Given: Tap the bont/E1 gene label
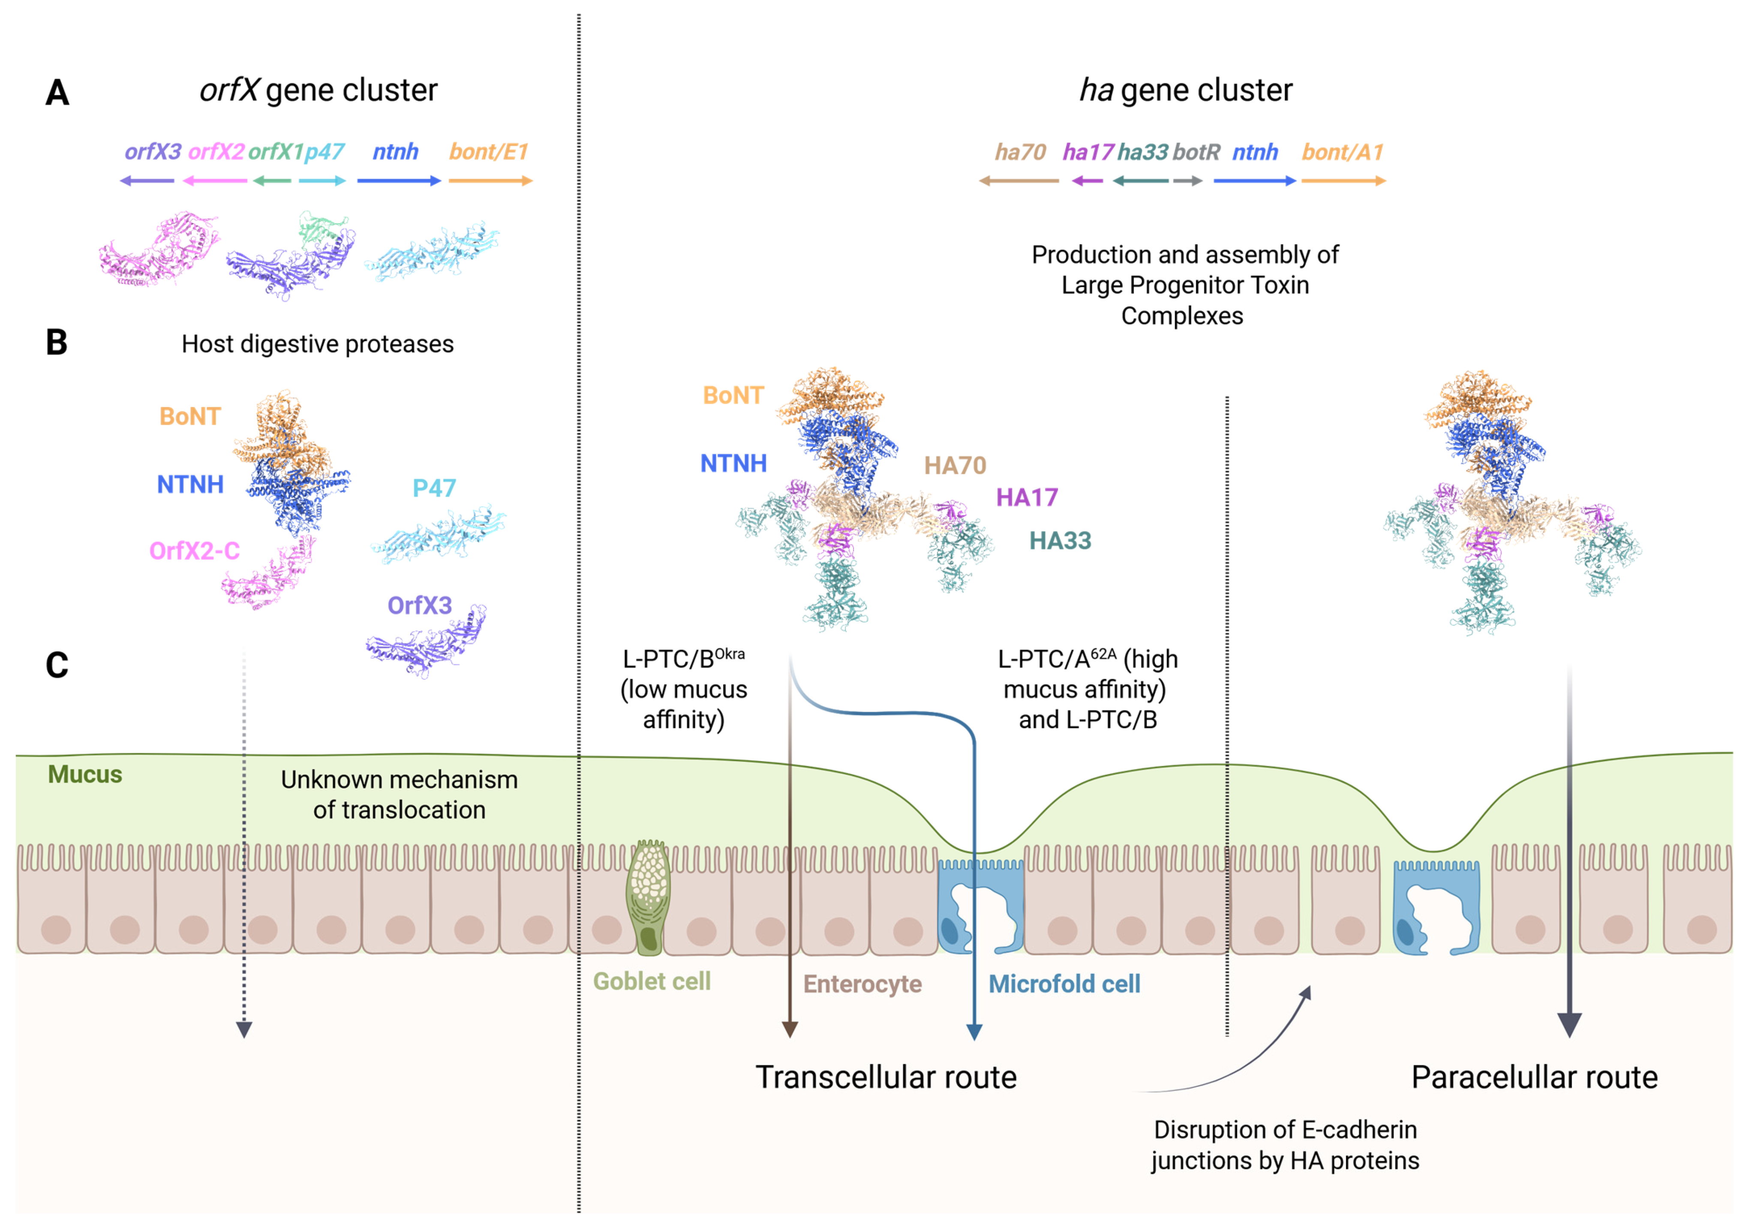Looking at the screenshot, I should click(x=488, y=152).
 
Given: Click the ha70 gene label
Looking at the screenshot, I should click(x=1020, y=152).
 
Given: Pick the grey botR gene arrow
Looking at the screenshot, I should click(x=1187, y=181).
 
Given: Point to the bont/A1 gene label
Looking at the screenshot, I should click(x=1342, y=152).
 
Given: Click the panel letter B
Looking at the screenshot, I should click(x=56, y=343).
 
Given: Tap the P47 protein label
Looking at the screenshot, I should click(x=434, y=488).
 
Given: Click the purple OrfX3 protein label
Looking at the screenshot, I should click(x=420, y=606).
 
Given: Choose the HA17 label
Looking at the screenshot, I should click(x=1027, y=497).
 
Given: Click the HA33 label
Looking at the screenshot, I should click(x=1060, y=541).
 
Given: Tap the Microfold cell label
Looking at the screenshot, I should click(x=1064, y=984).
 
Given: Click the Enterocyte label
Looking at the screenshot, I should click(x=862, y=984).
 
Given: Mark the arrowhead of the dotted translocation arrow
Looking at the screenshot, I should click(x=244, y=1030).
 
